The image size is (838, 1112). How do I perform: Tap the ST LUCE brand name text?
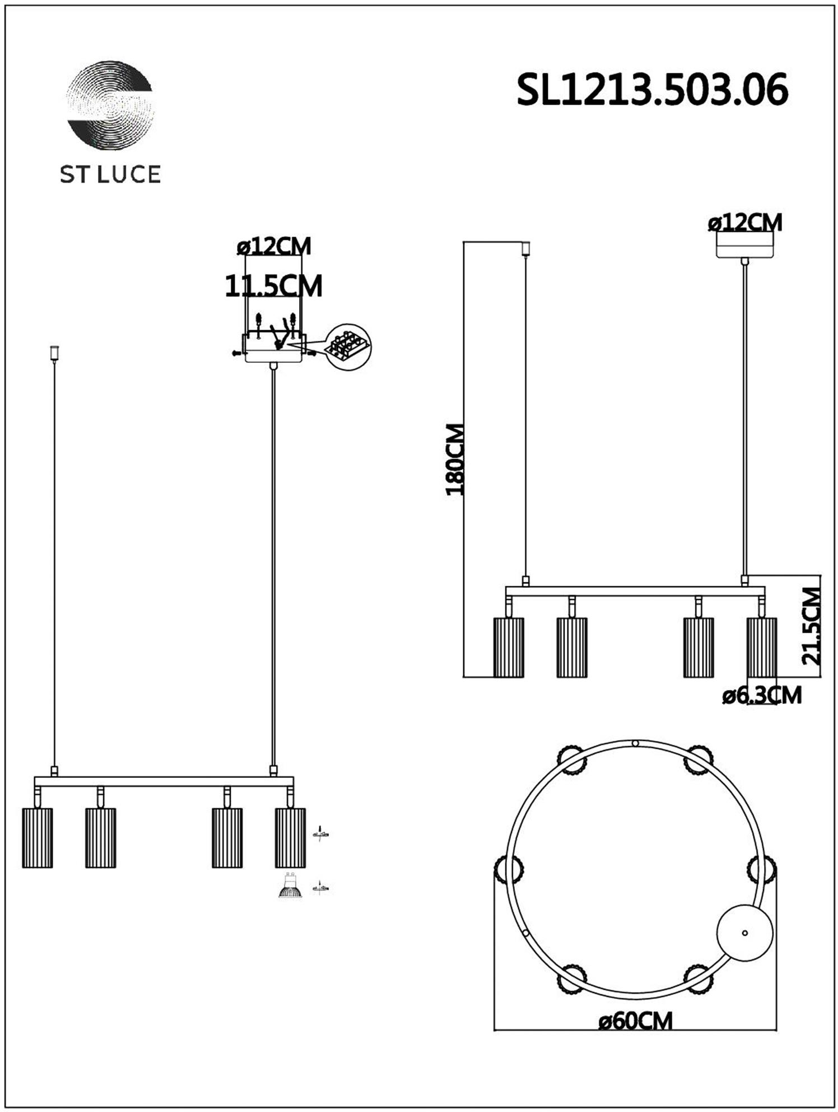pos(110,174)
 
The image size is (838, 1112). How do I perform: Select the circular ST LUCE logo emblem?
pos(110,105)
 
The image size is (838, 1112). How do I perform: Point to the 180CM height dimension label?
pos(455,460)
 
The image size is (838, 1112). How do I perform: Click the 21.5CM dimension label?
pos(811,625)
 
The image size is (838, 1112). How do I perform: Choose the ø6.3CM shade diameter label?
pos(762,696)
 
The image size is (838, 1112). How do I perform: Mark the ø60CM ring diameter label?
pos(635,1021)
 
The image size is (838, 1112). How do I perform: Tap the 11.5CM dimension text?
pos(273,286)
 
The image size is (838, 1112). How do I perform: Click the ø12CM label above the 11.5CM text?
pos(274,246)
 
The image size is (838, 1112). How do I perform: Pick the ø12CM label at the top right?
pos(745,223)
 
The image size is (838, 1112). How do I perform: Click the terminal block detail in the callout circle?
pos(348,347)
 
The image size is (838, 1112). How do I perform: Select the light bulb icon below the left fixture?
pos(290,884)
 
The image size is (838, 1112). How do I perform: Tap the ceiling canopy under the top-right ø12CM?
pos(745,245)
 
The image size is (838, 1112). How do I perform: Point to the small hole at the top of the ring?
pos(635,743)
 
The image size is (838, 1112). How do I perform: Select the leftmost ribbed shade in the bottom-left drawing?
pos(38,837)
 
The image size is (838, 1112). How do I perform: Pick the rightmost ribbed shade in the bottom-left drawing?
pos(290,837)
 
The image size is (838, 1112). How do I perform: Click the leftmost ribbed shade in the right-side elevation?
pos(509,647)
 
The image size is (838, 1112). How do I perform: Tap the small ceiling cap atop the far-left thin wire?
pos(54,353)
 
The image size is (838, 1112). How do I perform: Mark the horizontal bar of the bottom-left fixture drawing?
pos(164,781)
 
